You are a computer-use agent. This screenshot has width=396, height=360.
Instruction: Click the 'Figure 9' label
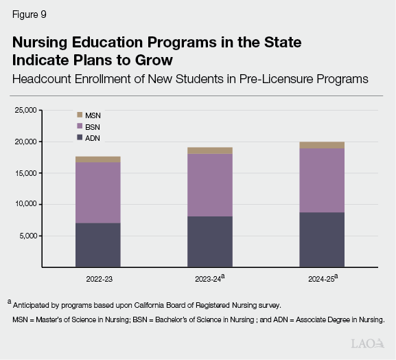(28, 14)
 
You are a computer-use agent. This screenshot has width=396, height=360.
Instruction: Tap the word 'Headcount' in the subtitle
(43, 78)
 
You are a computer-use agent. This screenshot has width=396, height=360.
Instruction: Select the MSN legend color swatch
(79, 115)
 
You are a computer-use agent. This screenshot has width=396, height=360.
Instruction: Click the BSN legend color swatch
(79, 126)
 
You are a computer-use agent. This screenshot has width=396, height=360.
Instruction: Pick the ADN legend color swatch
(79, 137)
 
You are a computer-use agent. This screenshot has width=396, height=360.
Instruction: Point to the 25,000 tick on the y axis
(27, 110)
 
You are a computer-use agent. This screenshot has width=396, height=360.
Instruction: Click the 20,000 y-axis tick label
(27, 142)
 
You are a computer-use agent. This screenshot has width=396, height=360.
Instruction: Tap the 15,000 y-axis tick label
(27, 173)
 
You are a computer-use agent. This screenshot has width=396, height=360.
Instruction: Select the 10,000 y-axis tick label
(27, 205)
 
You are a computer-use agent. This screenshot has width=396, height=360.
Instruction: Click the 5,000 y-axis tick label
(30, 236)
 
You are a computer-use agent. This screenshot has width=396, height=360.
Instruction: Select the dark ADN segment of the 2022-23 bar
(97, 245)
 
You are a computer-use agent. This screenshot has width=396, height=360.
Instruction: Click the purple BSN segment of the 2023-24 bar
(209, 185)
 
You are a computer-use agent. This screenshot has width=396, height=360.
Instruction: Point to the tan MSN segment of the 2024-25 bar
(322, 145)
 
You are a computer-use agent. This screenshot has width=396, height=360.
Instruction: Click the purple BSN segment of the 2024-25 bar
(322, 180)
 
